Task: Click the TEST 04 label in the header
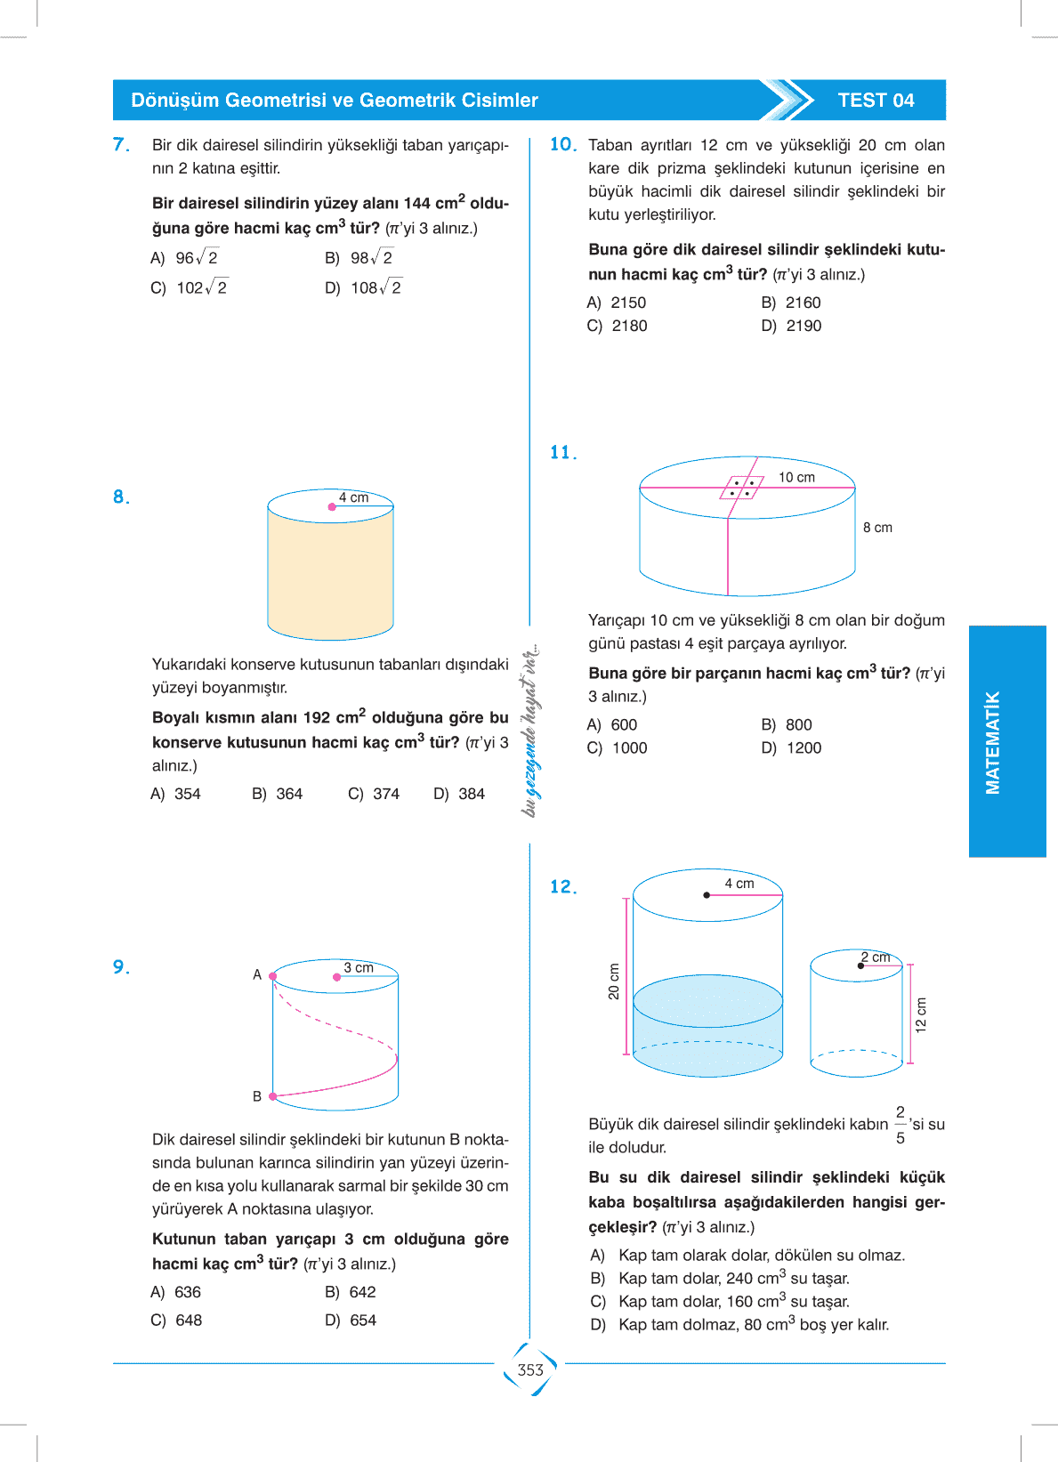[876, 101]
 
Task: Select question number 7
[121, 144]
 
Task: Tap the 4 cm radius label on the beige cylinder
[353, 497]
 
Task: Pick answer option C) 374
[375, 794]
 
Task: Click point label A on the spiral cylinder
[257, 974]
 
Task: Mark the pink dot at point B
[273, 1096]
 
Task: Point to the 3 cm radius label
[359, 967]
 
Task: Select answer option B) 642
[351, 1292]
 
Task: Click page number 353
[530, 1369]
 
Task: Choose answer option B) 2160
[792, 303]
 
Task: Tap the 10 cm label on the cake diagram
[796, 478]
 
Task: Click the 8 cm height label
[877, 528]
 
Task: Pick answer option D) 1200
[792, 748]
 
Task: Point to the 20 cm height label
[614, 981]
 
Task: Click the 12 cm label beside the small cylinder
[921, 1014]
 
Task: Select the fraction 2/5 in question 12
[901, 1125]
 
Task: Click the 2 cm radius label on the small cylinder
[876, 957]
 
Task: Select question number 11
[562, 453]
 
